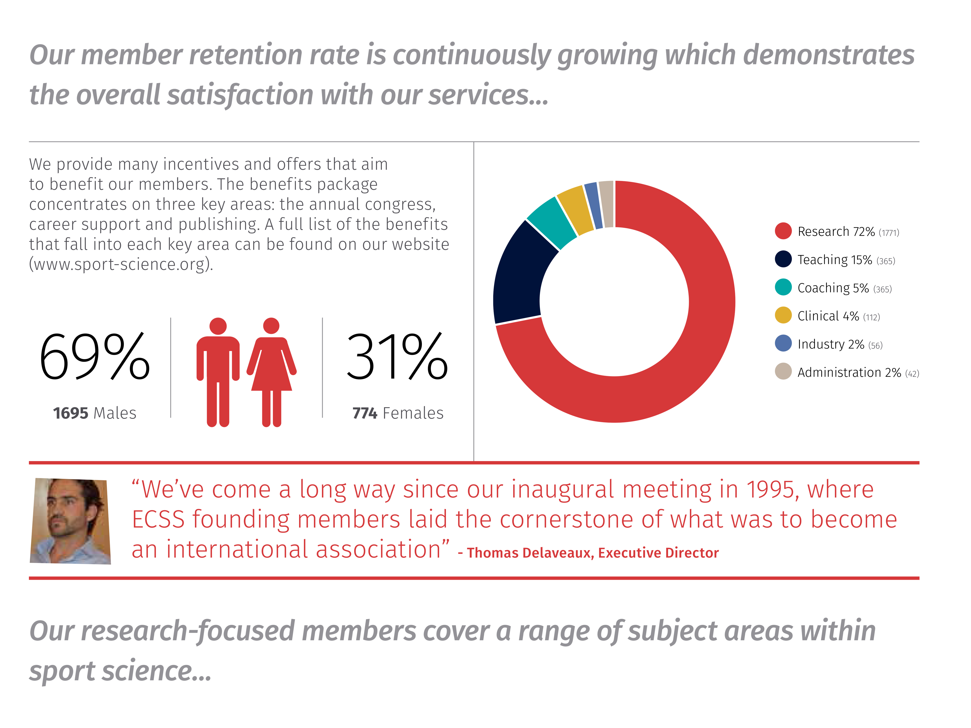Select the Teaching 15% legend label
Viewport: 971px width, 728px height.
(834, 260)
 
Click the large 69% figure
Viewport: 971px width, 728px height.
(94, 356)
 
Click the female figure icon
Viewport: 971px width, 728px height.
(271, 372)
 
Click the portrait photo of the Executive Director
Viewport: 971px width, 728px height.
(70, 521)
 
